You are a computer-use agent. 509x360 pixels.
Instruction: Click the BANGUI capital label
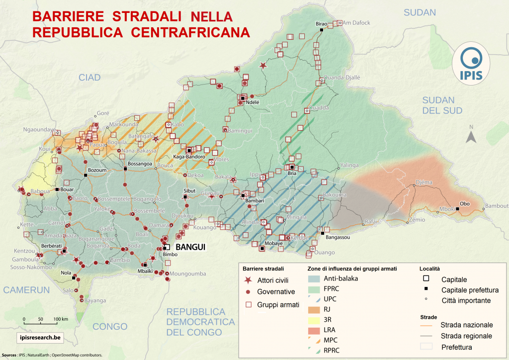(188, 247)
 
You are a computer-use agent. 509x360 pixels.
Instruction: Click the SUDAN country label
(420, 12)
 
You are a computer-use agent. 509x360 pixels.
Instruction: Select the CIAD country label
(89, 77)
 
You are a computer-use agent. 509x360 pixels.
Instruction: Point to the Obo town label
(465, 203)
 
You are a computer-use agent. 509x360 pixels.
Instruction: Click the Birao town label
(322, 24)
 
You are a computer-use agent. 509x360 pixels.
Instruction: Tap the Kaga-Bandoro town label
(189, 157)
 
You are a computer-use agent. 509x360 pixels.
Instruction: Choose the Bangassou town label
(338, 238)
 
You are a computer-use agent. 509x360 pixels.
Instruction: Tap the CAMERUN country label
(26, 289)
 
